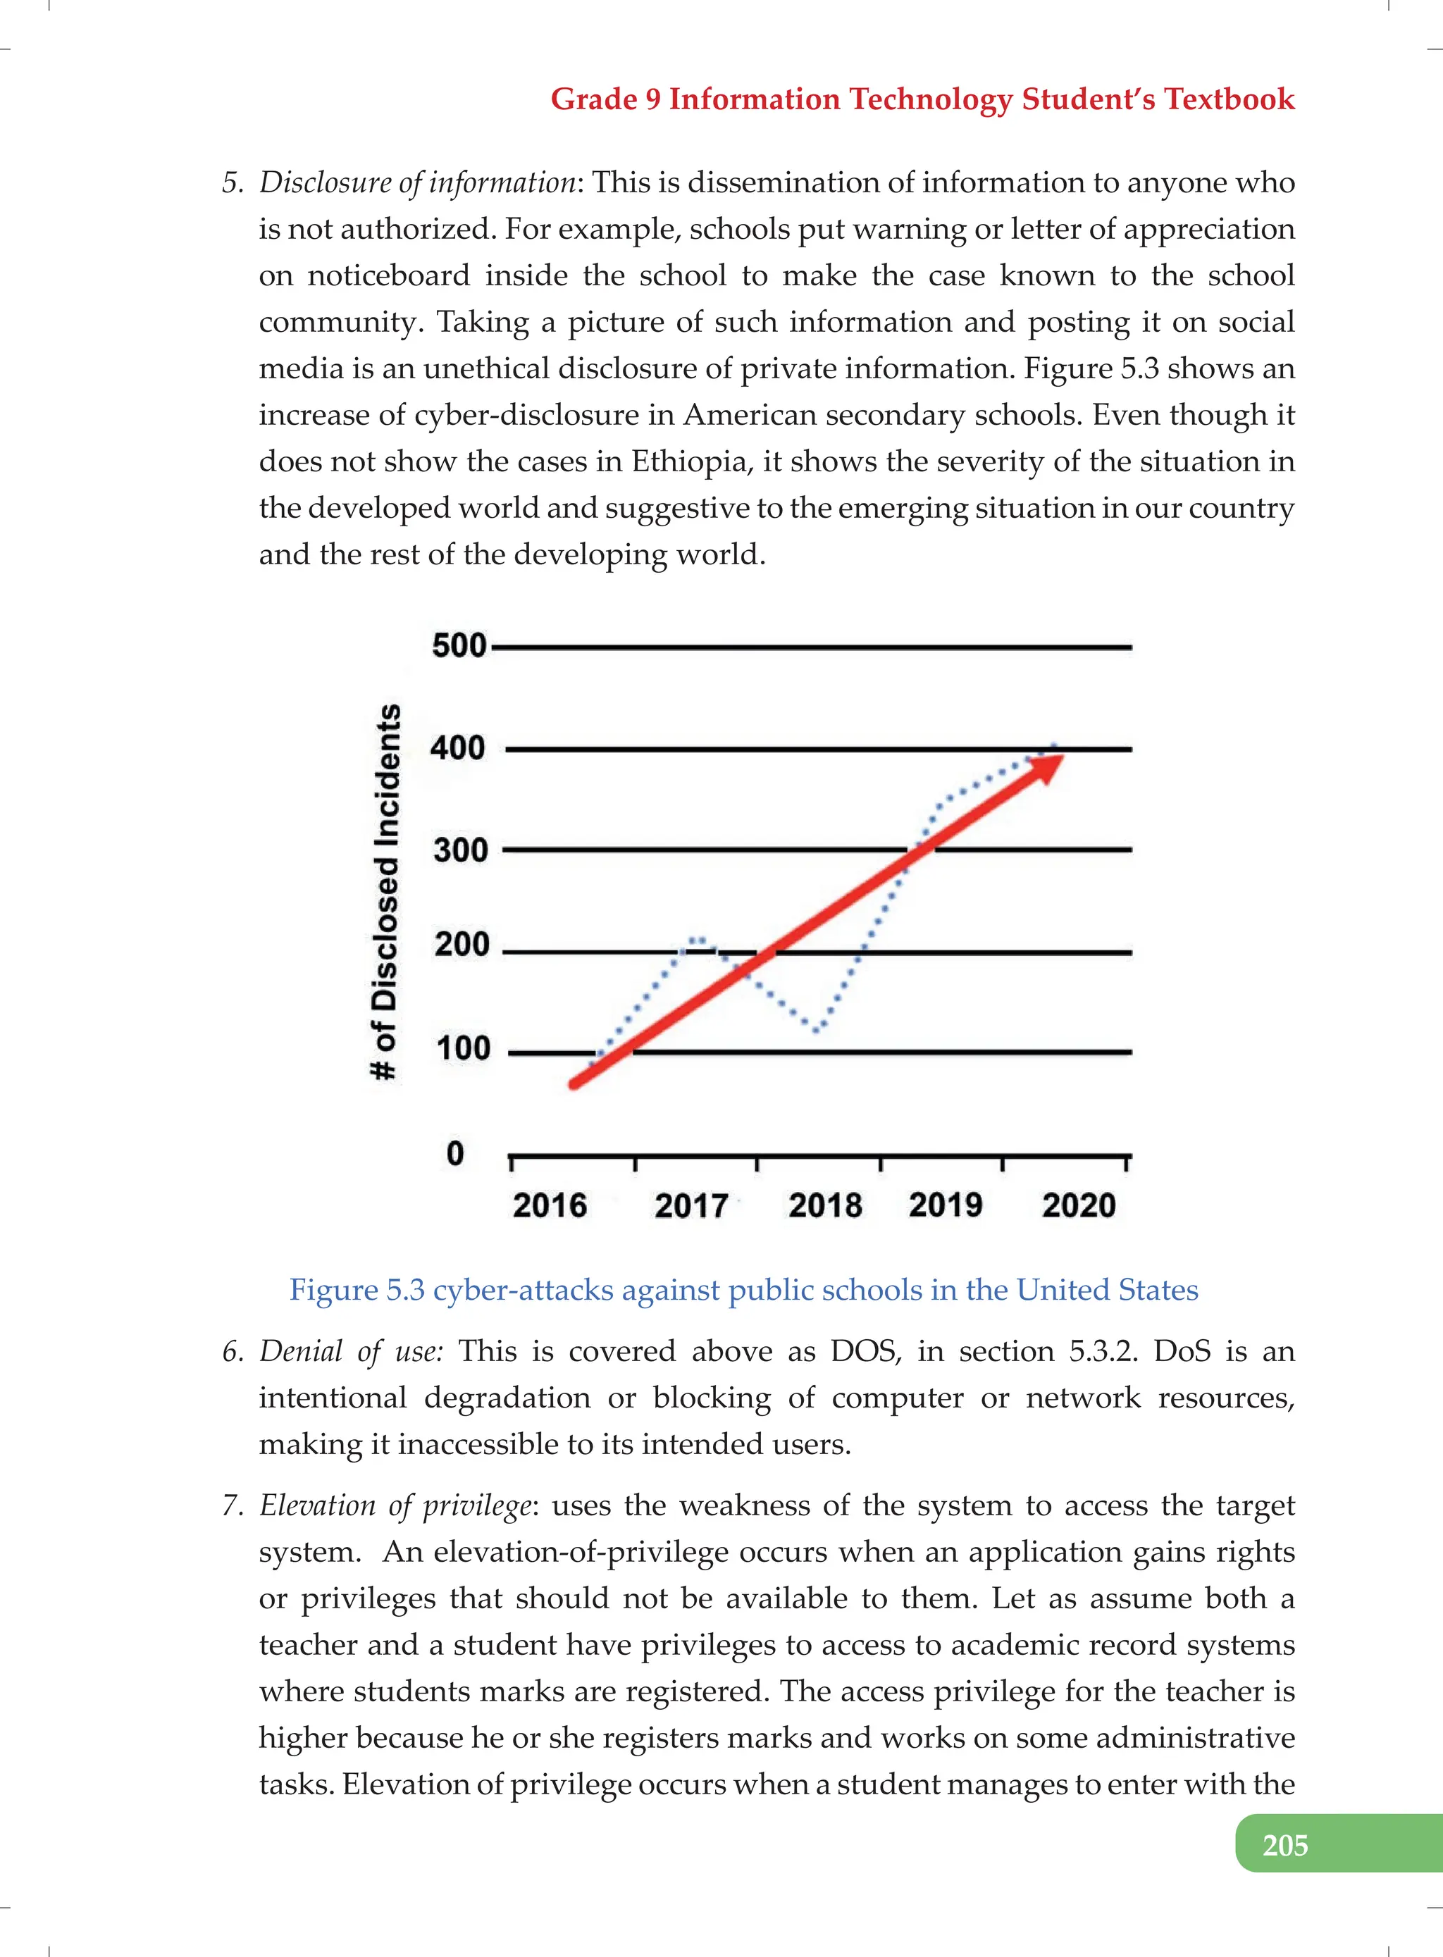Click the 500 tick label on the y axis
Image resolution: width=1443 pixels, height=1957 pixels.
click(459, 645)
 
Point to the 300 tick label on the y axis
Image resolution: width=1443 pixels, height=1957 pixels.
click(460, 849)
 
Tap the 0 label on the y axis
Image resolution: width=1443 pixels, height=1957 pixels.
click(455, 1154)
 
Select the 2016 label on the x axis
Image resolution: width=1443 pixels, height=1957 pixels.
click(550, 1205)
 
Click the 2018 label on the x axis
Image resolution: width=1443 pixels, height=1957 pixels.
click(824, 1205)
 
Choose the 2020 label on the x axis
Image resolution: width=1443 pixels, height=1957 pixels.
click(1079, 1205)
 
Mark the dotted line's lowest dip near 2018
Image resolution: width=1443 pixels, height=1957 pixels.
click(816, 1030)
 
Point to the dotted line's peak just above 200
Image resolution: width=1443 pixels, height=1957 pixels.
click(698, 940)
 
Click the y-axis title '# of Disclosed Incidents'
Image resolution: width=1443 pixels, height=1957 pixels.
click(386, 890)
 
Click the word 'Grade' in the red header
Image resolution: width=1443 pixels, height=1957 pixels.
click(594, 99)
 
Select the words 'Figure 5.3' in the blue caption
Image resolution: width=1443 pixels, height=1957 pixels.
click(357, 1290)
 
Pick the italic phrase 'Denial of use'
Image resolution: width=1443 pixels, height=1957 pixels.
click(351, 1351)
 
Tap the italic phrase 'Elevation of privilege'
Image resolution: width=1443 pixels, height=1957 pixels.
click(395, 1505)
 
